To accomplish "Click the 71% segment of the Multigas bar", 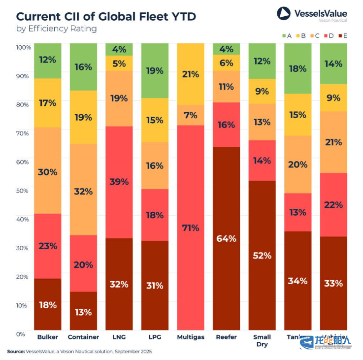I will tap(190, 228).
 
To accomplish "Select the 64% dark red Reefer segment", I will tap(226, 238).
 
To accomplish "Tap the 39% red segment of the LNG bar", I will tap(119, 182).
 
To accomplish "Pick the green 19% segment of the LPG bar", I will tap(155, 70).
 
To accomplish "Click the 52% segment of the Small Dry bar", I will tap(262, 255).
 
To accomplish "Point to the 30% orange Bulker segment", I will tap(48, 172).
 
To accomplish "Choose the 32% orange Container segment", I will tap(83, 190).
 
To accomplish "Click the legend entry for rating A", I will tap(286, 35).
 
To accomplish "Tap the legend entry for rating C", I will tap(315, 35).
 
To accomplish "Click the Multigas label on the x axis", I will tap(190, 337).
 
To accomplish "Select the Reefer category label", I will tap(226, 337).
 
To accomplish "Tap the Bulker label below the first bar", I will tap(48, 337).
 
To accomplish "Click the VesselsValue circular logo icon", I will tap(284, 13).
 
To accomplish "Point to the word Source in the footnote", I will tap(15, 352).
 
